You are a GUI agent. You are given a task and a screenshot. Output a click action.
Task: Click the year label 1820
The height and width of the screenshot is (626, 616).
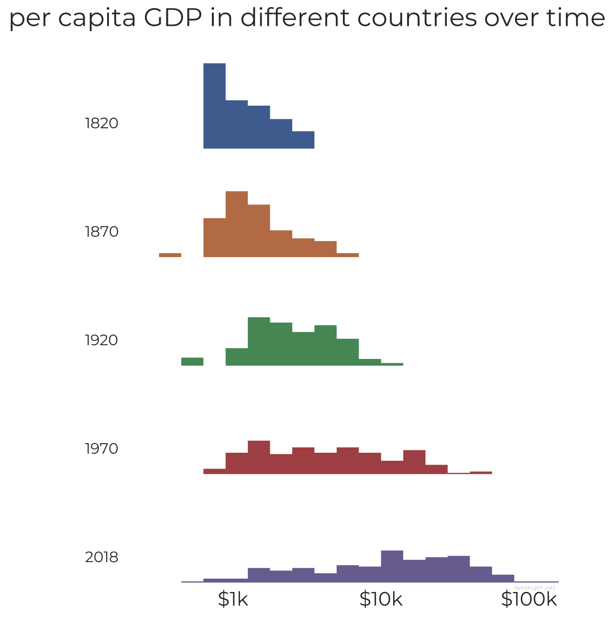[101, 123]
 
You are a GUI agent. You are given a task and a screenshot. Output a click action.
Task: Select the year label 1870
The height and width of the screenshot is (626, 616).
[101, 232]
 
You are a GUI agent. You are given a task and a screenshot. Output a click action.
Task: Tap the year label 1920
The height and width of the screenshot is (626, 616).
[101, 340]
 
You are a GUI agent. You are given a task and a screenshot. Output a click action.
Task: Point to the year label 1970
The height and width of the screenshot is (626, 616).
[101, 449]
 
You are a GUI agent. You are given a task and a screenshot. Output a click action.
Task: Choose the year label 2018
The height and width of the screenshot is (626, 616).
[101, 558]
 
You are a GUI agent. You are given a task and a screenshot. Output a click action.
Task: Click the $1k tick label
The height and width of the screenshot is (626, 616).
[233, 599]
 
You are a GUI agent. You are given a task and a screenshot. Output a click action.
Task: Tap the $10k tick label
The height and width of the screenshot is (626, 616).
[381, 599]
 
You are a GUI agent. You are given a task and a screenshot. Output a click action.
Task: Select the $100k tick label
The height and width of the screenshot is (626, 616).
[529, 599]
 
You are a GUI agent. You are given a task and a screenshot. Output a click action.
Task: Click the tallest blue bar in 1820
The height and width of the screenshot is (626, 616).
[214, 106]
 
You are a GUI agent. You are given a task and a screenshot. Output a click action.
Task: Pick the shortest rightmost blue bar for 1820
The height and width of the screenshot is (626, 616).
[303, 140]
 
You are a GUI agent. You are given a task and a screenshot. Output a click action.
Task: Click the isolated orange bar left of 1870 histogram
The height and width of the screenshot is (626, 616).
[170, 255]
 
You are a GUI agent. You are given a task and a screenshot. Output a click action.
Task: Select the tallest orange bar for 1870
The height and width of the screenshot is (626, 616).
[237, 224]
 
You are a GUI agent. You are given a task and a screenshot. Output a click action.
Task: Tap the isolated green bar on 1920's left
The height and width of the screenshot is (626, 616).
[192, 361]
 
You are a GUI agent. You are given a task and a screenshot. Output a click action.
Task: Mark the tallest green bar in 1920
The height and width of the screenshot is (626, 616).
[259, 341]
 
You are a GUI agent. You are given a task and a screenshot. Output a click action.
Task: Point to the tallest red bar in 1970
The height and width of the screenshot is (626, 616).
[259, 457]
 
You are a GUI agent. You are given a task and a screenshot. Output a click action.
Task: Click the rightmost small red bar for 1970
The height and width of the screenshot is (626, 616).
[481, 473]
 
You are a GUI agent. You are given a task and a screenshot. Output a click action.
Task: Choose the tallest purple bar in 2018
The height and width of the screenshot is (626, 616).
[392, 566]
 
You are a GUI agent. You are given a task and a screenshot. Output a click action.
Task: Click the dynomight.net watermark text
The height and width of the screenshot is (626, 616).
[535, 587]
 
